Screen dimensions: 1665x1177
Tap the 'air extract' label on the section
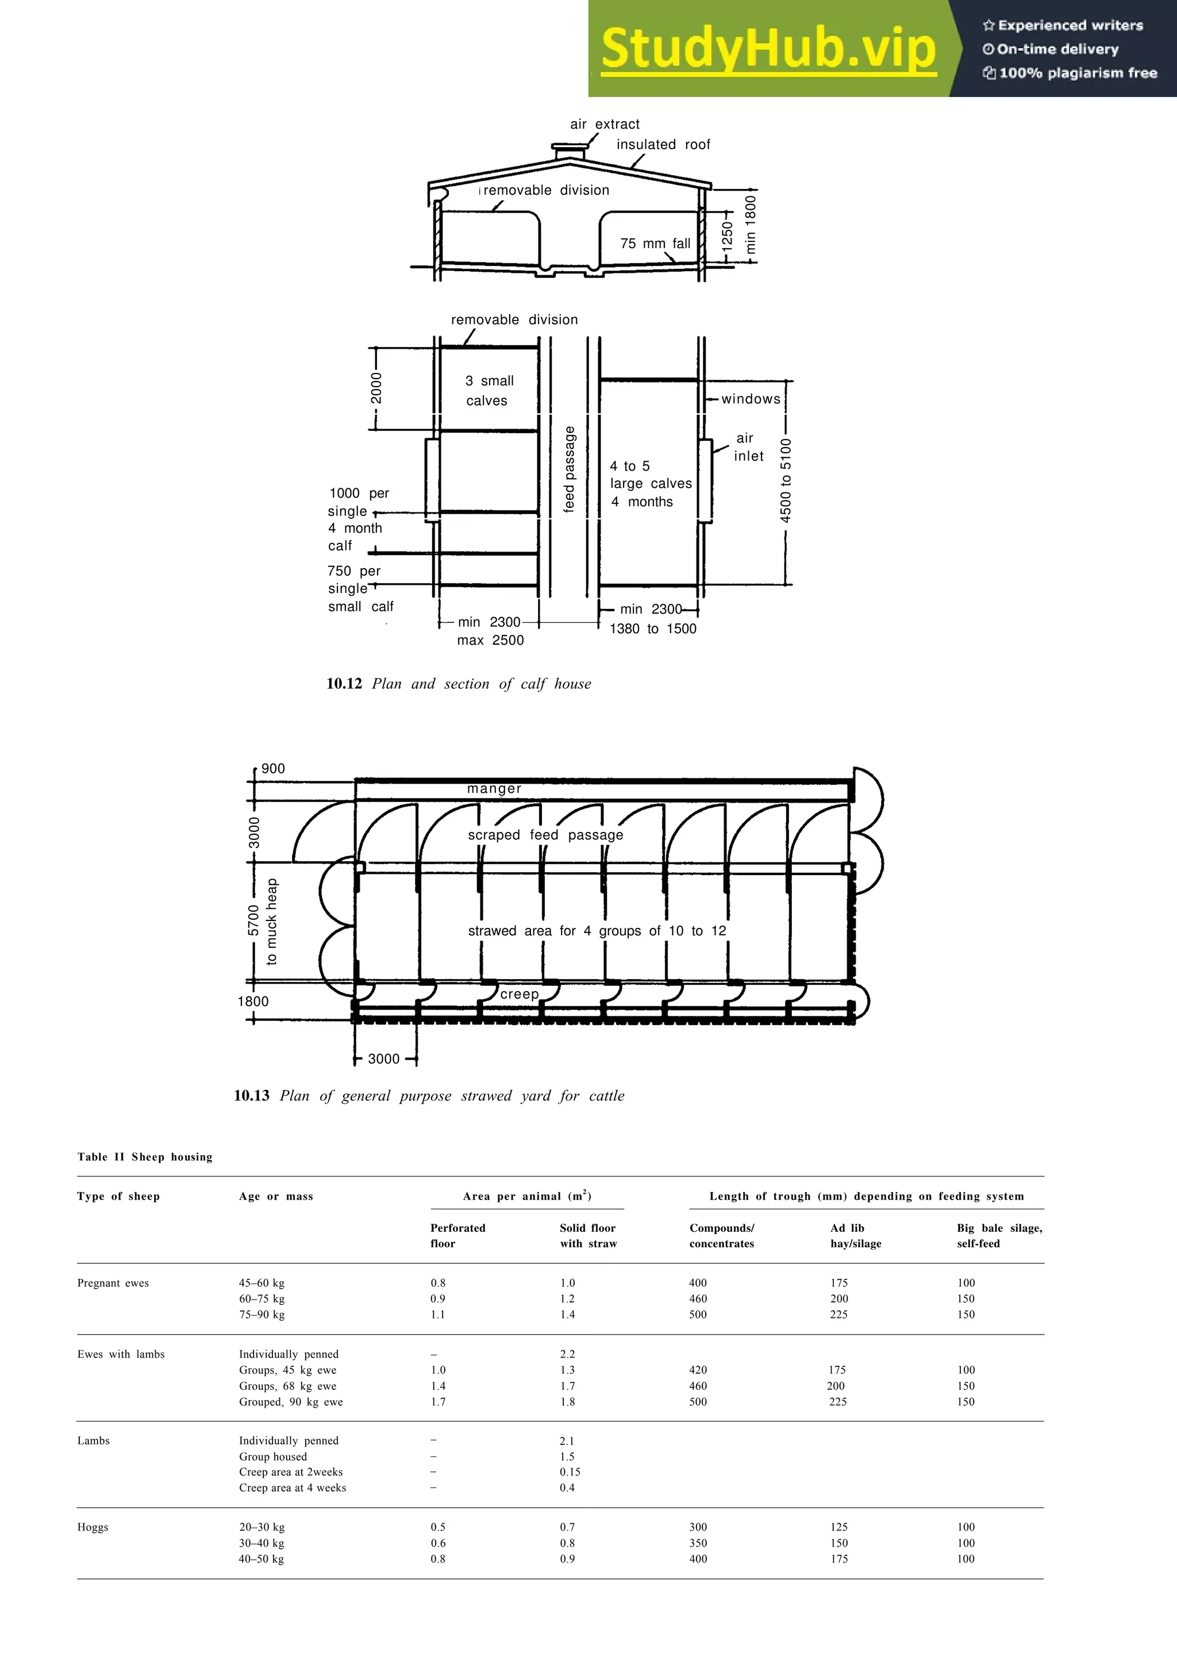pos(605,124)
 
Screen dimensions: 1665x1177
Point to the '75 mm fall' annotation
pos(655,244)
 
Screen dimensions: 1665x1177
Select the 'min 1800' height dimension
pos(751,224)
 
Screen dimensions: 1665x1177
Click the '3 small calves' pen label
pos(488,391)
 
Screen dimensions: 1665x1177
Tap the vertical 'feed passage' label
pos(570,469)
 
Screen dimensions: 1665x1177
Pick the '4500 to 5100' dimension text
pos(786,481)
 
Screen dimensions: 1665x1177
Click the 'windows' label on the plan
pos(751,399)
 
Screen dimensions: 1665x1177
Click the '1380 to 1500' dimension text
pos(653,629)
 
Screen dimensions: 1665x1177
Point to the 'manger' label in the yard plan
pos(494,788)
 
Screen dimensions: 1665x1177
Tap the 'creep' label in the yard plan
pos(519,994)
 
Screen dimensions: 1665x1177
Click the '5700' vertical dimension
pos(253,920)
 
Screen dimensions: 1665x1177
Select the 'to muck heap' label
pos(272,922)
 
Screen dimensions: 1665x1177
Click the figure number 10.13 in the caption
pos(252,1096)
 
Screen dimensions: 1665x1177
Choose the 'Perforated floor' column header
pos(457,1236)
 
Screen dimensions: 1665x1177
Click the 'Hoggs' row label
pos(93,1527)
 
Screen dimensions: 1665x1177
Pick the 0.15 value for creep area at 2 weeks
pos(570,1472)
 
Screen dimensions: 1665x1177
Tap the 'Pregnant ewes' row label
pos(113,1283)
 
